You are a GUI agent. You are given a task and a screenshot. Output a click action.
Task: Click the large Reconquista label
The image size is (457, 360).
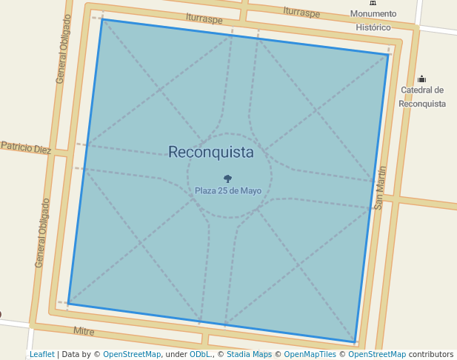click(211, 153)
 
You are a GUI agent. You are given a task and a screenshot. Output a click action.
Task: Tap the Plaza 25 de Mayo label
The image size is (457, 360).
click(228, 190)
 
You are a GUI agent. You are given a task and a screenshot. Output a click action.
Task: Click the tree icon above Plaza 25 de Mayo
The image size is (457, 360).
click(227, 179)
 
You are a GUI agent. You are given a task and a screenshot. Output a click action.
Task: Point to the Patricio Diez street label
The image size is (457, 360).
click(26, 147)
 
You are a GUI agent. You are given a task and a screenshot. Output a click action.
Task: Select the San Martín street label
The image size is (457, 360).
click(380, 188)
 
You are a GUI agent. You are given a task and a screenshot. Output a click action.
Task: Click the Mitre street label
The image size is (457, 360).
click(84, 330)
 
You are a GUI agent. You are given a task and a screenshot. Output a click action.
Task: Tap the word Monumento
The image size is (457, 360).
click(373, 14)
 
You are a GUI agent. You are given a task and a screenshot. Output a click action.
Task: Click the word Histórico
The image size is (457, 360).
click(373, 27)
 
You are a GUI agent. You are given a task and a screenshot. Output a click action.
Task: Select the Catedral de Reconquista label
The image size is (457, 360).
click(422, 97)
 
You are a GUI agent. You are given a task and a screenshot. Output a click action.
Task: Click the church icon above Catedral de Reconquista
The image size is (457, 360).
click(422, 79)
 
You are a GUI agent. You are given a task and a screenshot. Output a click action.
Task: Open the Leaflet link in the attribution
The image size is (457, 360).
click(42, 355)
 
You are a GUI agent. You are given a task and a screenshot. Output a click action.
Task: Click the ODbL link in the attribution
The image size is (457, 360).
click(199, 355)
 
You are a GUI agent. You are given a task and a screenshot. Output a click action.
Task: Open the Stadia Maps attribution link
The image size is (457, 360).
click(249, 355)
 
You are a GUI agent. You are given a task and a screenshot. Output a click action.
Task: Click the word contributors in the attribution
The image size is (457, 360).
click(431, 355)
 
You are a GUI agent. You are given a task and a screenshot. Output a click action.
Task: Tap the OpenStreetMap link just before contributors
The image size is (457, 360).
click(377, 355)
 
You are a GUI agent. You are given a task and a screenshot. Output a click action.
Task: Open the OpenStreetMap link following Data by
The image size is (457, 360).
click(132, 355)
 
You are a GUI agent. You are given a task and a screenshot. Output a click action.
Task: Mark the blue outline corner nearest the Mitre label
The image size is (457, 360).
click(68, 304)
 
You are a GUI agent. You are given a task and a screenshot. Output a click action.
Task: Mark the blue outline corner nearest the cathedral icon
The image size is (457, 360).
click(389, 54)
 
